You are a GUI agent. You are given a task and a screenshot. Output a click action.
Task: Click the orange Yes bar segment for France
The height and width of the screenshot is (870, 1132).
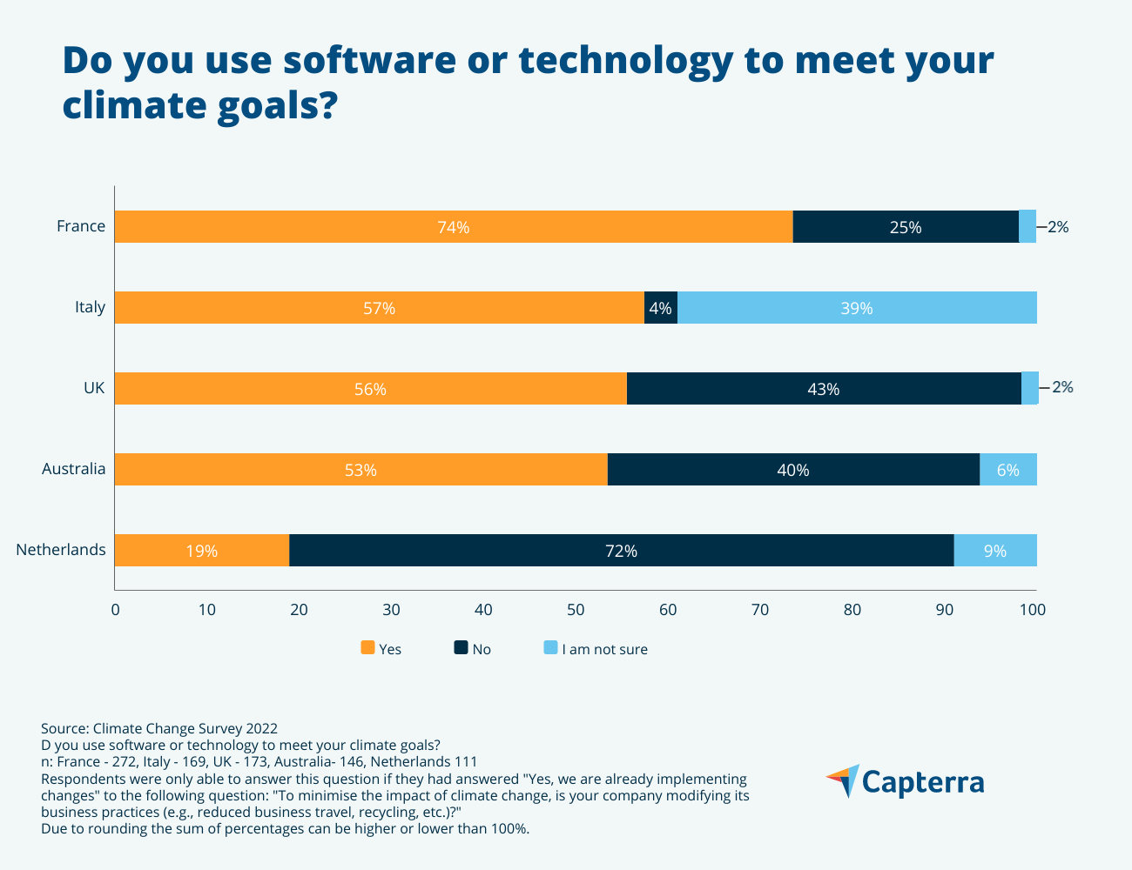(454, 227)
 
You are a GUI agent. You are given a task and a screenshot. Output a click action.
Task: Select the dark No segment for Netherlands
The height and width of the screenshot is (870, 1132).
(621, 551)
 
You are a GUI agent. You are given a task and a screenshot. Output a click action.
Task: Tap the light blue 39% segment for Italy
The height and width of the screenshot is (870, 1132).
(857, 308)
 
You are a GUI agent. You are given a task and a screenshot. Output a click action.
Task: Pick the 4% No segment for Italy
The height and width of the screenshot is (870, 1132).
(660, 308)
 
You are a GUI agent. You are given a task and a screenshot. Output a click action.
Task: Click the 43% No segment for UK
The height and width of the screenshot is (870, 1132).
(823, 389)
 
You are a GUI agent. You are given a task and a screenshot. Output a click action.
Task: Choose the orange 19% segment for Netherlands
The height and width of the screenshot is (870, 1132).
(201, 551)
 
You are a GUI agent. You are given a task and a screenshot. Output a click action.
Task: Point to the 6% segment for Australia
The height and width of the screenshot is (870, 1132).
(1007, 470)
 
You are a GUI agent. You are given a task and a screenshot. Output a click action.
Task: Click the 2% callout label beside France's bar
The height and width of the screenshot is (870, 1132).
(1057, 227)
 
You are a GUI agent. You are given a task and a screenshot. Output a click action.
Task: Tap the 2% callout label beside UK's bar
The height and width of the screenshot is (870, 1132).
(1062, 388)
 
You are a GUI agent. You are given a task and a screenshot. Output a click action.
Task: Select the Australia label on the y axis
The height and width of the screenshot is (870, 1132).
(74, 470)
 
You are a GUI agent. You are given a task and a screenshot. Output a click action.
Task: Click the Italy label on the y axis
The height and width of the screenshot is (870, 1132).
(90, 307)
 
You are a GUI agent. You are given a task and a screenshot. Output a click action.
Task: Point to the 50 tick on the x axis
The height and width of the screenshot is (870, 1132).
(576, 610)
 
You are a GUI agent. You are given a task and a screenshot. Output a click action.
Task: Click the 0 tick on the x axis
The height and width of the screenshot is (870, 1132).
(116, 610)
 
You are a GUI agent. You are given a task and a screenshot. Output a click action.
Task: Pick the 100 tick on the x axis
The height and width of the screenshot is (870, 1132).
(1033, 610)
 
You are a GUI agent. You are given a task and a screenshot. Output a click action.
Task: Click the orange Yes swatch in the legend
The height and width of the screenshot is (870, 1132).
(367, 648)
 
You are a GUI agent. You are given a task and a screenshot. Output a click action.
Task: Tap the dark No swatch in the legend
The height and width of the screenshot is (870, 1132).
(462, 648)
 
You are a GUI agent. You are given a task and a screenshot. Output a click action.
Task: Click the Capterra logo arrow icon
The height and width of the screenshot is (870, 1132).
(843, 780)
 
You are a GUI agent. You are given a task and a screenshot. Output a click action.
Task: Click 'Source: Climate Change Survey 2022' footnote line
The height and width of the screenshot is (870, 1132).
(159, 729)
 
